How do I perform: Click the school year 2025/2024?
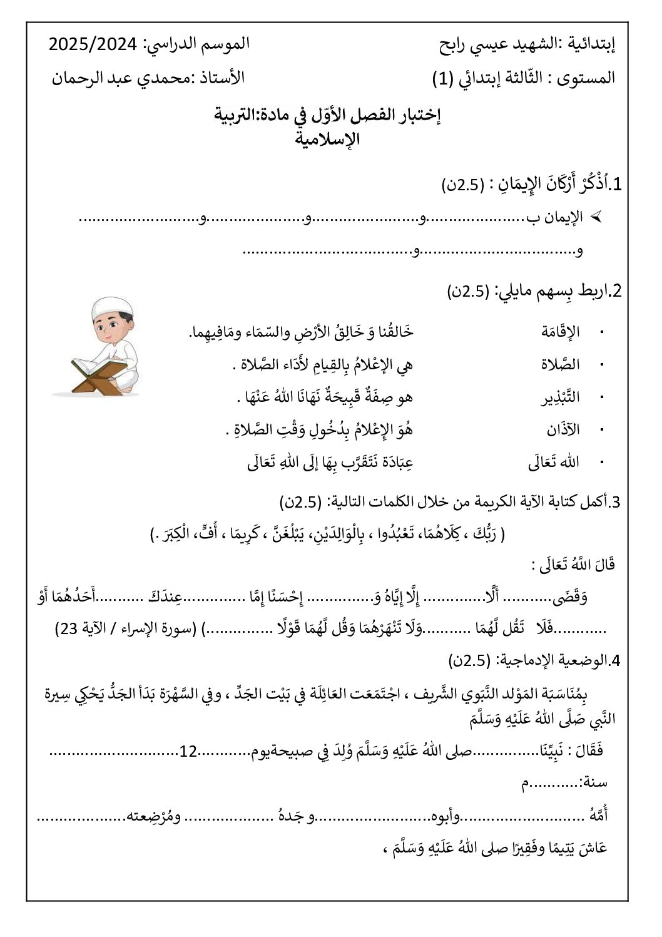tap(93, 44)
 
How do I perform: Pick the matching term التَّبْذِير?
tap(561, 397)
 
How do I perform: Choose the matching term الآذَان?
tap(563, 429)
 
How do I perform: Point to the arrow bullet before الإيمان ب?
tap(597, 217)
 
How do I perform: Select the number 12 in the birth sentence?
tap(188, 750)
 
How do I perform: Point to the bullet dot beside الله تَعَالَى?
tap(602, 462)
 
